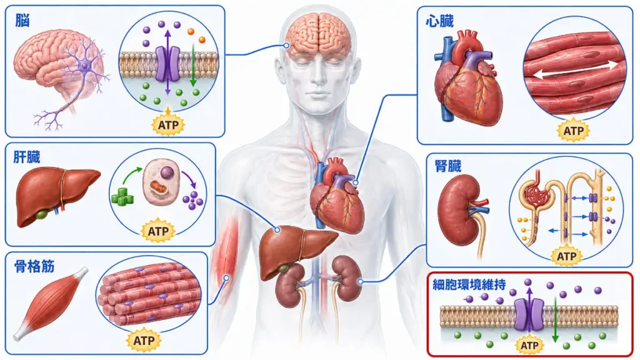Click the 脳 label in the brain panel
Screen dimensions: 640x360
point(22,21)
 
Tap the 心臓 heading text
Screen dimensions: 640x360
point(439,21)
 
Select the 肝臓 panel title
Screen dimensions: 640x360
point(27,157)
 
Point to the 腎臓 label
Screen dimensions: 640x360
point(448,166)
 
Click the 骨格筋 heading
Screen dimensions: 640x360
point(34,266)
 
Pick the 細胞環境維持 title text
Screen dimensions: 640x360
point(469,284)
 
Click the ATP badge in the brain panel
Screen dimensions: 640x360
point(168,124)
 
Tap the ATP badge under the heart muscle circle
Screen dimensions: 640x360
point(574,131)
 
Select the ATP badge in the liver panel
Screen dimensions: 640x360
point(158,231)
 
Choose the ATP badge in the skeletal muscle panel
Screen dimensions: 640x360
point(144,341)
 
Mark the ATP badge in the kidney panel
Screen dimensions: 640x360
point(566,256)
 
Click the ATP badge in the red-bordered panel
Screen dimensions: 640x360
point(529,346)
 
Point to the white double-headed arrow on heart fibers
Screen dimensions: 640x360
point(576,70)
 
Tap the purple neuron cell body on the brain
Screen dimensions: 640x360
point(85,65)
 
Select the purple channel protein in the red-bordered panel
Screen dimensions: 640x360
point(529,314)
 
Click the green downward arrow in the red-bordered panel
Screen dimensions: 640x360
point(555,319)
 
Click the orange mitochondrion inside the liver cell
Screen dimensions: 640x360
point(157,188)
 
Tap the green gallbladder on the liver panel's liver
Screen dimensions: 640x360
point(41,214)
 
